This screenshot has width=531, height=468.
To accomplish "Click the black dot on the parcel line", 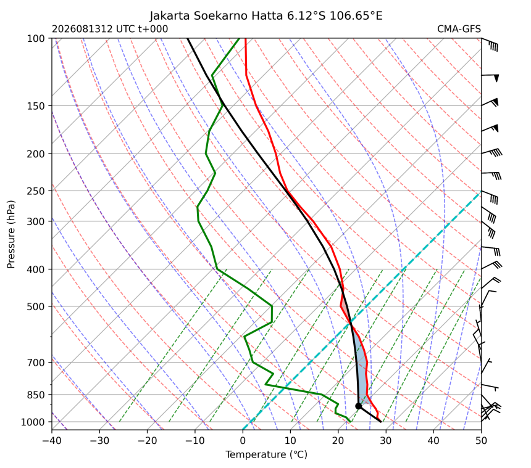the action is coord(358,406).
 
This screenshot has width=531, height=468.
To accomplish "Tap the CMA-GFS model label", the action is coord(459,29).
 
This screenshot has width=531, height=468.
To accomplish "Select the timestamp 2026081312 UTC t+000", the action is coord(110,29).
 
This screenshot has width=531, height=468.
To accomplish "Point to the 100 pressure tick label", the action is coord(36,39).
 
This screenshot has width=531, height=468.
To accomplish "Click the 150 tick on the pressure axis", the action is coord(36,106).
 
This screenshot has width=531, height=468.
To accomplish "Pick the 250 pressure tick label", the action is coord(36,191).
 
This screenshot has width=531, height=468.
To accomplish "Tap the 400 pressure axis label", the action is coord(36,269).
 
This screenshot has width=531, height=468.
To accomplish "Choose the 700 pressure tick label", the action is coord(36,363).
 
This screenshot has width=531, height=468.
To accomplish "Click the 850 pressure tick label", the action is coord(36,395).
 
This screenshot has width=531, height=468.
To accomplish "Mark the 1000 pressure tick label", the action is coord(33,422).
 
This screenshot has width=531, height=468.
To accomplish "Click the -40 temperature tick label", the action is coord(51,441).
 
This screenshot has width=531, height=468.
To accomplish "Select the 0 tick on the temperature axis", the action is coord(243,441).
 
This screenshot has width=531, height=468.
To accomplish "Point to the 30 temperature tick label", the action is coord(386,441).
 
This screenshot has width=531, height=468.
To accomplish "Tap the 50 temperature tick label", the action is coord(481,441).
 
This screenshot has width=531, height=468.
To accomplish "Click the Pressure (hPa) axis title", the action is coord(11,234).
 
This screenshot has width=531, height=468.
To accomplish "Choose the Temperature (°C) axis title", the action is coord(267,455).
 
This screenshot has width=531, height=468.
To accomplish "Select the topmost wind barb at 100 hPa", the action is coord(490,44).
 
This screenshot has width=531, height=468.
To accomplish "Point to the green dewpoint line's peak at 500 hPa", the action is coord(272,306).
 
